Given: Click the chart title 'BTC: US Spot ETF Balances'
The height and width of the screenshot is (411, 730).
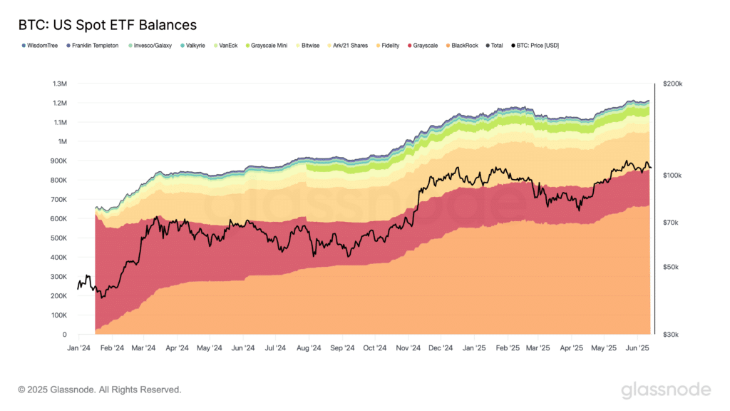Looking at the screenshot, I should coord(107,25).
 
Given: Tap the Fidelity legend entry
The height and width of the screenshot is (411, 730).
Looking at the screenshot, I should coord(389,46).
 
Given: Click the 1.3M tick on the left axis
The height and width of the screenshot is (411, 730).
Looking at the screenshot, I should coord(60,83).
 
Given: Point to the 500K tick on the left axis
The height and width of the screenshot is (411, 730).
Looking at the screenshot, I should coord(59,238).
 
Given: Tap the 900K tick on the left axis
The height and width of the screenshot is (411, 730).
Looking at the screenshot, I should coord(59,161).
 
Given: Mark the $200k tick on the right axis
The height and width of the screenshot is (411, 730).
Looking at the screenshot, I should coord(672,83).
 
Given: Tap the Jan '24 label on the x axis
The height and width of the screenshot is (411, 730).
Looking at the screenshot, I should coord(78,348).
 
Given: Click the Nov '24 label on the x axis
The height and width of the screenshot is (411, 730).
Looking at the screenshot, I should coord(408,348).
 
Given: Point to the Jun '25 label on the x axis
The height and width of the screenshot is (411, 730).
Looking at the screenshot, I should coord(637,348).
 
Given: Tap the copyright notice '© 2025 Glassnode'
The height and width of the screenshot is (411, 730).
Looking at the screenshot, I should coord(100,390).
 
